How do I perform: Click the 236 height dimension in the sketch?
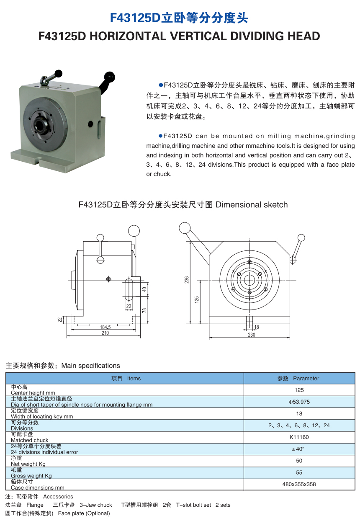(187, 280)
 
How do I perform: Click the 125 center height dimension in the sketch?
(197, 299)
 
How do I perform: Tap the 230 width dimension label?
(251, 335)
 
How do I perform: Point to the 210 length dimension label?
(105, 333)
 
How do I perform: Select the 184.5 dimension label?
(105, 327)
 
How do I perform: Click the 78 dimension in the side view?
(144, 310)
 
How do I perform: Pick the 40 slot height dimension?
(144, 289)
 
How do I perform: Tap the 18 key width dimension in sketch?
(256, 327)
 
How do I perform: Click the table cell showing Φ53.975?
(299, 402)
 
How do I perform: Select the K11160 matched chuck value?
(299, 437)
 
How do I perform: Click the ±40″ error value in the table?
(299, 449)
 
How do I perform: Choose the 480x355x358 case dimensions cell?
(299, 484)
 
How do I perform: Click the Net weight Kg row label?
(28, 464)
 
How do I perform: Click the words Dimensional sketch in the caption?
(252, 205)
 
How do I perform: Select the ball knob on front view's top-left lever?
(185, 227)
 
